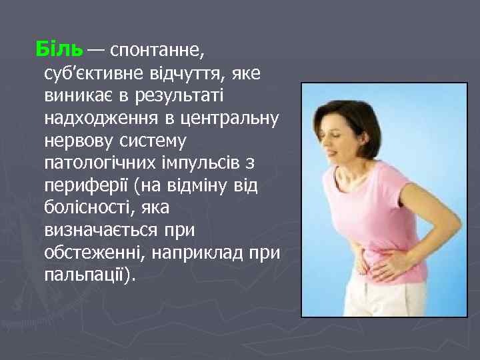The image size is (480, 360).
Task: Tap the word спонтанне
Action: click(159, 49)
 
